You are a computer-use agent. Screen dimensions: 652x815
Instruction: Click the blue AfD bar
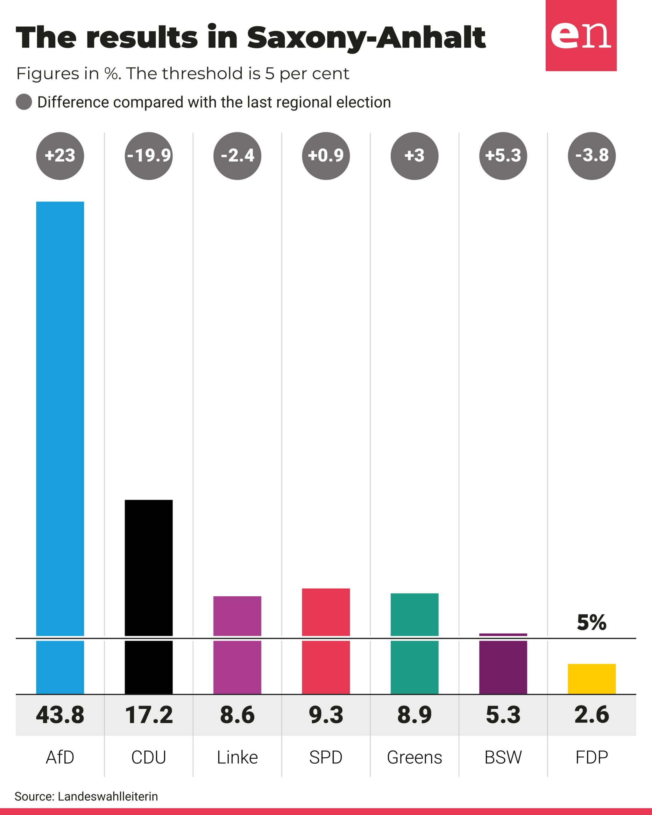60,448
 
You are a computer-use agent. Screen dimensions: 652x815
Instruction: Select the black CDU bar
149,597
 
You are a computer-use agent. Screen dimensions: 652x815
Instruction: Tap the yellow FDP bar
592,679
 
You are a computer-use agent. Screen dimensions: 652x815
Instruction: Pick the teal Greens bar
414,644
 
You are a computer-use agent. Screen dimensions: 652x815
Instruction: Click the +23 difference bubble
60,156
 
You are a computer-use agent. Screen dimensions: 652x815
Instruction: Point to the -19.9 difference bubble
149,156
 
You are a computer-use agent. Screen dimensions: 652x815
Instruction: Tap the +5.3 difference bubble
503,156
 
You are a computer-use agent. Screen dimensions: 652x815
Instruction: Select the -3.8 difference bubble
592,156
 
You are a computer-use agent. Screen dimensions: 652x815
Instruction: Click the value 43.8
60,715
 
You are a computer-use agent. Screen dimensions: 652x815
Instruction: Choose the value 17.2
149,715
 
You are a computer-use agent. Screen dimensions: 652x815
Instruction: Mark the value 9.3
326,715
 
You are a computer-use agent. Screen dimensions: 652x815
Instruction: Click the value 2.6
592,715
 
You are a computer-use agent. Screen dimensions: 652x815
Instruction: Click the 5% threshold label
592,623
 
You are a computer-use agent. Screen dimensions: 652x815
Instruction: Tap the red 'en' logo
581,36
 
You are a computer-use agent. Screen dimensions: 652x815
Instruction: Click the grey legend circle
24,102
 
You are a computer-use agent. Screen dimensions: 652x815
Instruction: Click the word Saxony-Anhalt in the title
366,38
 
